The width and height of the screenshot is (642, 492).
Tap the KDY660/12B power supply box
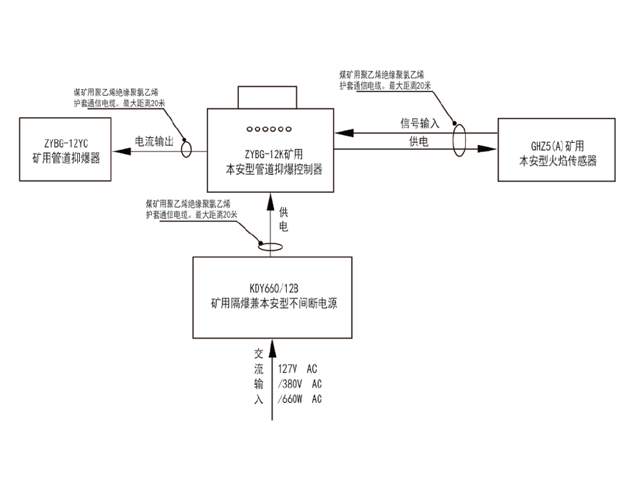[273, 296]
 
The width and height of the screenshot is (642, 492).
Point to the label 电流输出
[154, 141]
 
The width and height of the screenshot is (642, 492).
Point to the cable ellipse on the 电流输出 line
[187, 149]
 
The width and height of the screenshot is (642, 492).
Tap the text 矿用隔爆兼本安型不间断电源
[273, 303]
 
